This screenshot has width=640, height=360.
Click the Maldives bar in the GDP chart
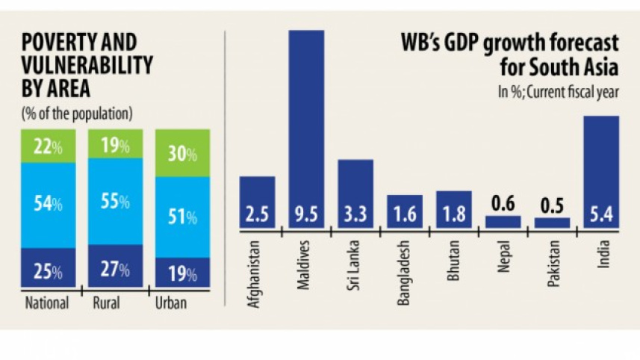306,127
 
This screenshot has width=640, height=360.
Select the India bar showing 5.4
600,172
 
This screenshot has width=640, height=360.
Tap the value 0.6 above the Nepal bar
503,203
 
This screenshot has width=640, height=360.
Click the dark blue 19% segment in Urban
182,273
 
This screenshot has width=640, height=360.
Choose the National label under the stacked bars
46,304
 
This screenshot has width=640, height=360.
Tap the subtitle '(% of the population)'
77,114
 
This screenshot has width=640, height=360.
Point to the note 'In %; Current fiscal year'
558,93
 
